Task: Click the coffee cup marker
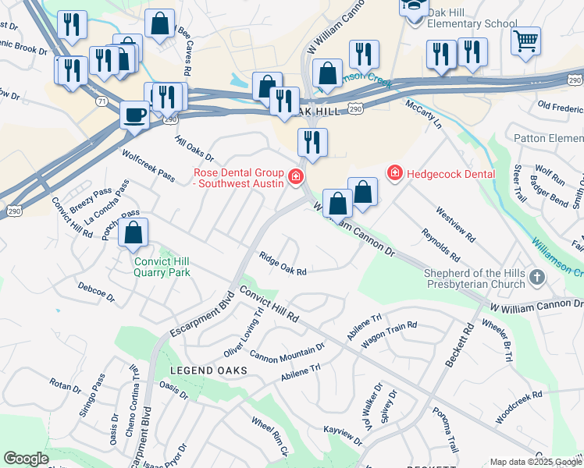[x=135, y=115]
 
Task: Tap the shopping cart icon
[x=526, y=39]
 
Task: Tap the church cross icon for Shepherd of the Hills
[x=536, y=277]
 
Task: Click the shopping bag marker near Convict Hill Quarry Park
[x=134, y=232]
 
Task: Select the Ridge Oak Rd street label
[x=283, y=265]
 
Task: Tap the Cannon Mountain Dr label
[x=287, y=353]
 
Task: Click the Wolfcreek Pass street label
[x=148, y=165]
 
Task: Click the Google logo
[x=26, y=459]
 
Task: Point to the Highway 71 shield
[x=101, y=101]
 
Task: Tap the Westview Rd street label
[x=455, y=223]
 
